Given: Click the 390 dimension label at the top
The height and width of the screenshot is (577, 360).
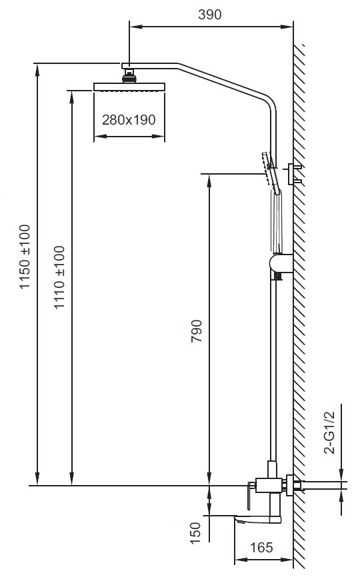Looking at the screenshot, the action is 210,15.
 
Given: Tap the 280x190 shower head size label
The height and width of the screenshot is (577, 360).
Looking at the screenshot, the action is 129,120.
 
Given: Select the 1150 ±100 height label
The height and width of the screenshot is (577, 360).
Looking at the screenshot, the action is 25,257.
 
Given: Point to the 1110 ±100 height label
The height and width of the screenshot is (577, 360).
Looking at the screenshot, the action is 59,277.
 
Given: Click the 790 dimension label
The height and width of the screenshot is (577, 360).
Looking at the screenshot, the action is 197,331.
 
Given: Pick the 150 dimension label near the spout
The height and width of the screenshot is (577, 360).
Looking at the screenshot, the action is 195,533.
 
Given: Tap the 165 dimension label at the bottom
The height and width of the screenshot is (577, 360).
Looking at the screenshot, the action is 262,547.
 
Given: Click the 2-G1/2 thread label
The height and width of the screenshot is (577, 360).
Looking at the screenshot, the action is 330,433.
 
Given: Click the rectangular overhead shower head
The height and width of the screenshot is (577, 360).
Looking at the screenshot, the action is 129,87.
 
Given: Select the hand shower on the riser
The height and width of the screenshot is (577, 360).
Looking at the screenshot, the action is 271,172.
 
